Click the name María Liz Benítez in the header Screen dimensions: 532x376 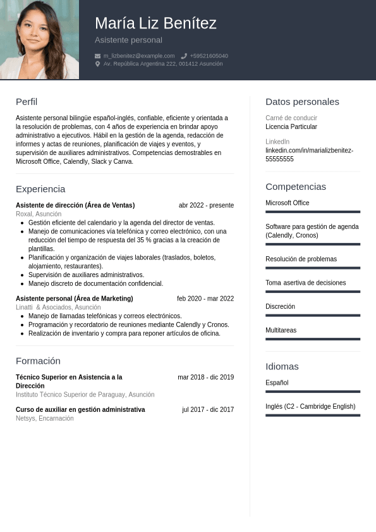(x=155, y=23)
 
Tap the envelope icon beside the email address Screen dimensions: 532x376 (x=97, y=56)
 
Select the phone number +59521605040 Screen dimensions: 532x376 (x=209, y=56)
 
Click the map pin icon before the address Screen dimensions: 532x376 (x=97, y=64)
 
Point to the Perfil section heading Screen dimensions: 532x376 (x=27, y=101)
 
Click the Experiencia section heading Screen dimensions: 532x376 (x=40, y=189)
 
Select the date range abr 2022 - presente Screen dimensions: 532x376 (x=206, y=205)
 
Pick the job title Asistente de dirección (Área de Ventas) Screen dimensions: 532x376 (x=75, y=205)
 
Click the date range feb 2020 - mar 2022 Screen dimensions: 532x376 (x=205, y=299)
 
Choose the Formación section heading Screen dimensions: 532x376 (x=38, y=361)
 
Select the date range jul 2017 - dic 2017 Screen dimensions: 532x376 (x=208, y=409)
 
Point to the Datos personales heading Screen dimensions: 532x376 (x=302, y=101)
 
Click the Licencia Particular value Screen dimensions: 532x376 (x=291, y=127)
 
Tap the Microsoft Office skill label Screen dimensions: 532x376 (x=288, y=203)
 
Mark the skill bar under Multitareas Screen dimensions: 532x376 (x=313, y=339)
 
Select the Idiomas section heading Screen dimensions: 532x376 (x=282, y=366)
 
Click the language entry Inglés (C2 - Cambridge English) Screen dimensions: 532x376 (x=310, y=406)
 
